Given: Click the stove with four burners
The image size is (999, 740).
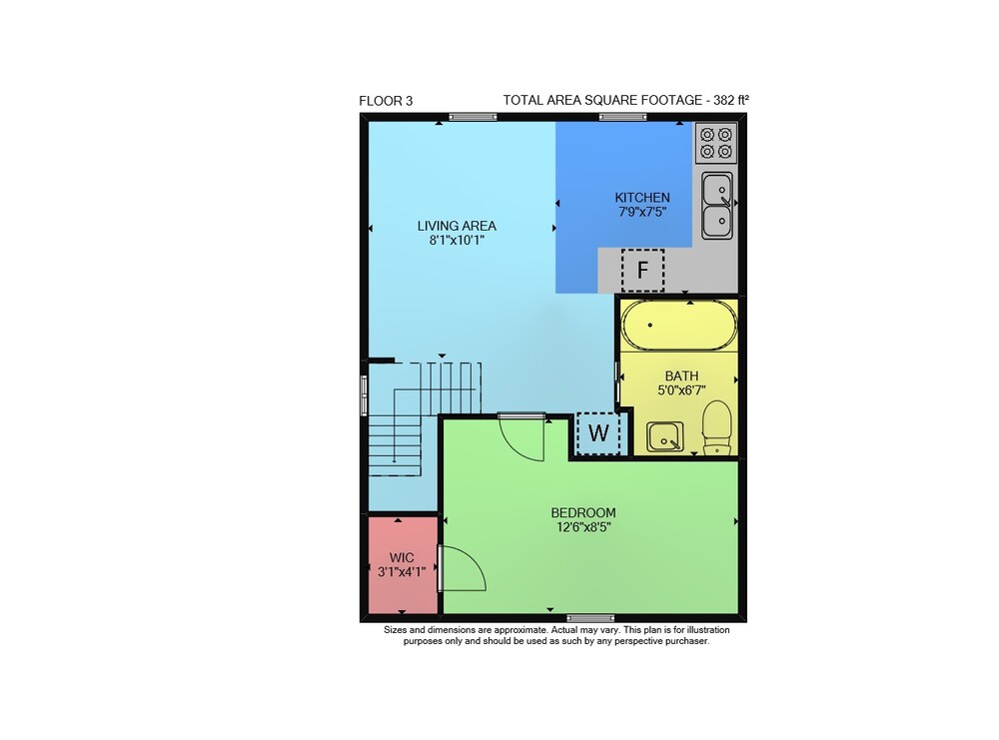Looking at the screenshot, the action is (715, 143).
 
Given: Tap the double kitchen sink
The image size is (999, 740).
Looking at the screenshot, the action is (717, 205).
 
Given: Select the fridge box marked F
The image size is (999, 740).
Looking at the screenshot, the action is (642, 270).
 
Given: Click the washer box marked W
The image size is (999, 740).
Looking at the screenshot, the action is (598, 433).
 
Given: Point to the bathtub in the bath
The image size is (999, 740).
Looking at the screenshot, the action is (679, 325).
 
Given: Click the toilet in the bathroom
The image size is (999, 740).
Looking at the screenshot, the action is (717, 427).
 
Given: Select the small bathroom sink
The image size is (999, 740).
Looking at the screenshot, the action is (665, 436).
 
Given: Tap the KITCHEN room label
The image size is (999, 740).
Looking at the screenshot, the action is (642, 198).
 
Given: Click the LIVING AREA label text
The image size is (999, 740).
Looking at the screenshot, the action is (457, 226).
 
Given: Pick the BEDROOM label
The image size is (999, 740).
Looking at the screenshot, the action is (583, 512).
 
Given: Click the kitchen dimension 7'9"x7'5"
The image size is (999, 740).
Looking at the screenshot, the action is (642, 212).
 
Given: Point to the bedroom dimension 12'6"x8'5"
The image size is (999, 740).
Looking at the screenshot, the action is (583, 527).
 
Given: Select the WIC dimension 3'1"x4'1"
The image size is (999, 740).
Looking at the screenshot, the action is (402, 572).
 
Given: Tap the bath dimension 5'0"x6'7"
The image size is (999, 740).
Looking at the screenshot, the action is (681, 390).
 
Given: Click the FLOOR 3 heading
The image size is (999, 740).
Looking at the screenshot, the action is (386, 101).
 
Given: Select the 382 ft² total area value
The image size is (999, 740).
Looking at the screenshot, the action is (731, 100).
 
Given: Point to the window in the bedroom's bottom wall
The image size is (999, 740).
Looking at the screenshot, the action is (590, 618).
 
